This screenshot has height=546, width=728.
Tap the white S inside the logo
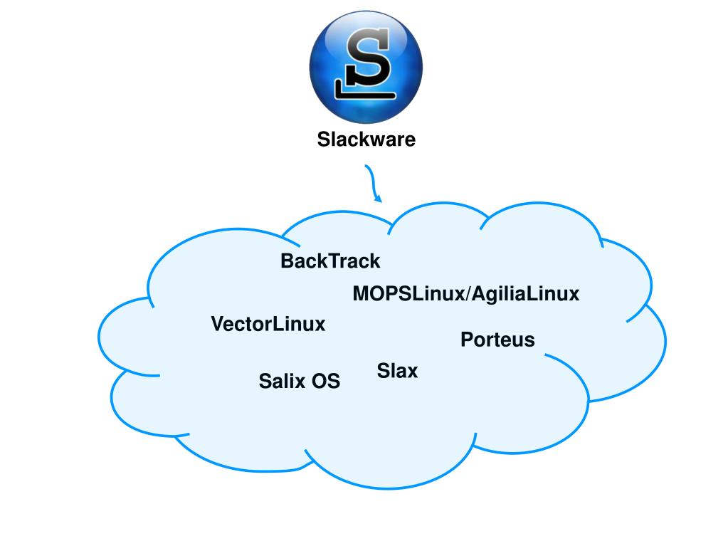(369, 63)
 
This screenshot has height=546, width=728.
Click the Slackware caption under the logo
(366, 140)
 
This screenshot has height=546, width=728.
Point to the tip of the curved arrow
(379, 200)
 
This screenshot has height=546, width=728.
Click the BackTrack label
(330, 261)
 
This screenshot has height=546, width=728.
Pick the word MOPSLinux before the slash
(408, 293)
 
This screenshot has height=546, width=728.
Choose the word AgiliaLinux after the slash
(525, 293)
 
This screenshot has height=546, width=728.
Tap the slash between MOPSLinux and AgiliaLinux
(467, 293)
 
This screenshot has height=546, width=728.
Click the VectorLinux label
(268, 325)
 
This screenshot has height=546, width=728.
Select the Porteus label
(497, 340)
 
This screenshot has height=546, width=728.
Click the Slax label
(397, 371)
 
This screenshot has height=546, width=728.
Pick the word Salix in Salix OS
(283, 382)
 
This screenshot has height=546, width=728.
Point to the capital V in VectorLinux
(218, 325)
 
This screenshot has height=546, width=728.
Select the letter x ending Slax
(412, 372)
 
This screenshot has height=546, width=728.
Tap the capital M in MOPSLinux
(360, 293)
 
